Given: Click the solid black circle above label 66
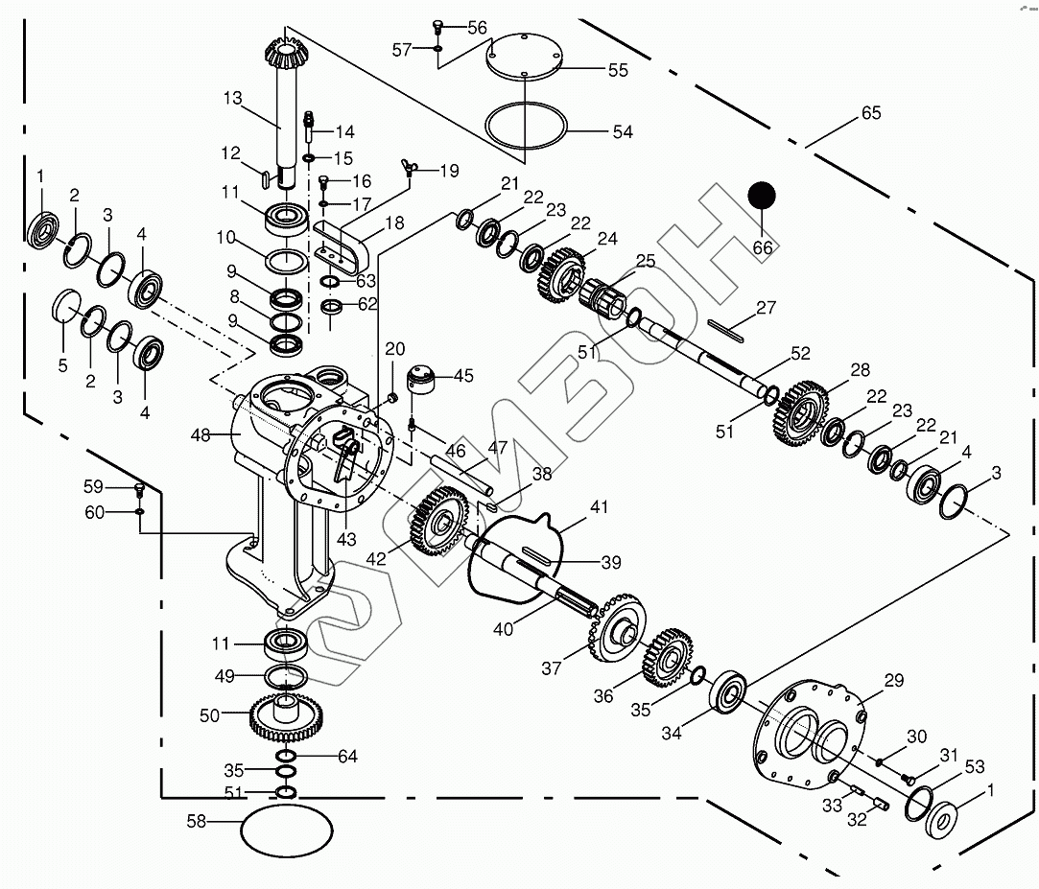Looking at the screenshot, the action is coord(762,196).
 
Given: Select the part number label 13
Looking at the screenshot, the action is coord(232,98).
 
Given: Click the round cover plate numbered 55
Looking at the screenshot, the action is coord(524,55).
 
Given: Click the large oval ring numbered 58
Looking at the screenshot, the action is coord(286,831).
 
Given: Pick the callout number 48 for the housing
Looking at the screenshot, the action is coord(201,435).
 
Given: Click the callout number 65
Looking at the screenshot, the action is coord(871,113).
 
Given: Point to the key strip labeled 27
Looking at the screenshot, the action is coord(725,331).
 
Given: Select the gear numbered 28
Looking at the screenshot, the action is coord(801,415).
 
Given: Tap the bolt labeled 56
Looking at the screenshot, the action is coord(437,27).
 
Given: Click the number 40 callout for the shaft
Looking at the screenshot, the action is coord(504,629).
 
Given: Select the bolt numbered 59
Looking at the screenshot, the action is coord(139,489).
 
